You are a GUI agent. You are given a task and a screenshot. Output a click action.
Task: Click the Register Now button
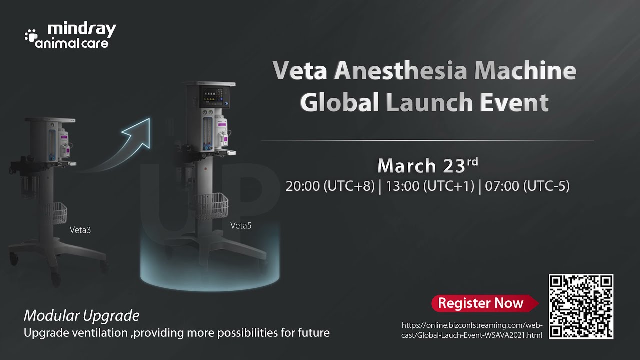(x=481, y=303)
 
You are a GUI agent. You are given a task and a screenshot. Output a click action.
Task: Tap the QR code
(x=581, y=306)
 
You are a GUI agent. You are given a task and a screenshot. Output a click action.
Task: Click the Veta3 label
(x=80, y=230)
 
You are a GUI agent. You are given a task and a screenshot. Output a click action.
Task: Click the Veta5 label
(x=241, y=225)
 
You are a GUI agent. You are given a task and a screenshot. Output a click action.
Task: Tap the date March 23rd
(x=427, y=165)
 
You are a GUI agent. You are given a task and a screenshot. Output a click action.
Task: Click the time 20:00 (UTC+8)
(x=330, y=186)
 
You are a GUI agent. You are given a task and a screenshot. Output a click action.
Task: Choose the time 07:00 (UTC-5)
(x=526, y=186)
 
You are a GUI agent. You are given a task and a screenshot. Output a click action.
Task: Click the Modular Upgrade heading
(x=81, y=316)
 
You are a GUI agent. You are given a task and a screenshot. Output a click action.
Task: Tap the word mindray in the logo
(x=82, y=29)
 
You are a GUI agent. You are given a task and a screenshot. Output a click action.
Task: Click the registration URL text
(x=472, y=330)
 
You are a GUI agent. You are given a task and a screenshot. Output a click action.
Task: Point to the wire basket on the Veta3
(x=54, y=213)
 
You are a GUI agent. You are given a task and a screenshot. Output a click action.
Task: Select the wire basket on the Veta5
(x=214, y=205)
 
